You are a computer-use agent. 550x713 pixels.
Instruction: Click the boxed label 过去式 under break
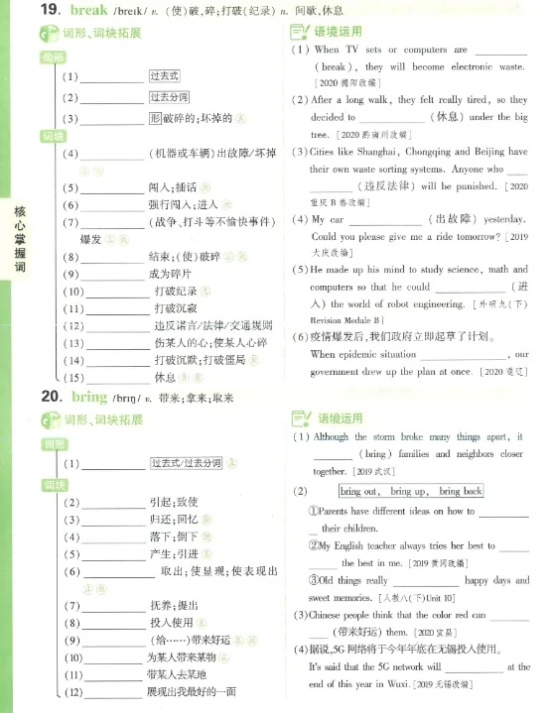pos(164,76)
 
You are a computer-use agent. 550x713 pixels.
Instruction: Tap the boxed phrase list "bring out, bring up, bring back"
pos(410,491)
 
